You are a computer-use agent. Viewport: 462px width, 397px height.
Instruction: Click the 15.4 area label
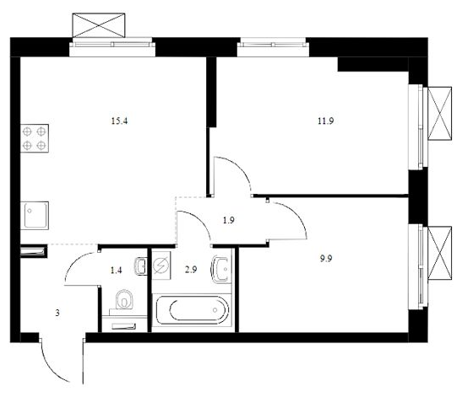[x=119, y=121]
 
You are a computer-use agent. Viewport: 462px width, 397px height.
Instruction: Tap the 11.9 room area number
[x=325, y=121]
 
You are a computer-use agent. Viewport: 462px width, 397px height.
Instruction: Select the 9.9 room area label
[x=326, y=259]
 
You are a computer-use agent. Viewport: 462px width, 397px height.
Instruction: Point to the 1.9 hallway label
[x=229, y=220]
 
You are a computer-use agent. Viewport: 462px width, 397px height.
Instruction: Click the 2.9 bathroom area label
[x=191, y=270]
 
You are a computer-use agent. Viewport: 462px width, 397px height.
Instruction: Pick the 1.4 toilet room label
[x=116, y=270]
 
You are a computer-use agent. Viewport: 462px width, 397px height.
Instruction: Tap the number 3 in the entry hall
[x=57, y=313]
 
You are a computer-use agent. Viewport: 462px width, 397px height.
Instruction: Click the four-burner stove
[x=35, y=138]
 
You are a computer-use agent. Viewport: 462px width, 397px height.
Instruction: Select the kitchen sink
[x=34, y=215]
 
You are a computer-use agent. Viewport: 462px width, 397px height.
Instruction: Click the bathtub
[x=192, y=310]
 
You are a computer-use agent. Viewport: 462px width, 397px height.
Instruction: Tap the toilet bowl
[x=125, y=299]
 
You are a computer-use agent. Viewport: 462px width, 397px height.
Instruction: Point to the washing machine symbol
[x=162, y=266]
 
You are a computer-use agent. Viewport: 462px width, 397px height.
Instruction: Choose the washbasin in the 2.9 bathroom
[x=221, y=270]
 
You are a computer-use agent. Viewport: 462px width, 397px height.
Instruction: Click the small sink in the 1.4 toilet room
[x=141, y=266]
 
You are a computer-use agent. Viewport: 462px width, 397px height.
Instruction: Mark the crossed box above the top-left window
[x=99, y=25]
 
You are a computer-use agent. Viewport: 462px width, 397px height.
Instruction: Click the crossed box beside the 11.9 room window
[x=439, y=113]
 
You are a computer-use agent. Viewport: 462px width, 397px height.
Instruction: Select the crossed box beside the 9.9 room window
[x=439, y=253]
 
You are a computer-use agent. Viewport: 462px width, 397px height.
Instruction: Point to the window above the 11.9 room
[x=273, y=45]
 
